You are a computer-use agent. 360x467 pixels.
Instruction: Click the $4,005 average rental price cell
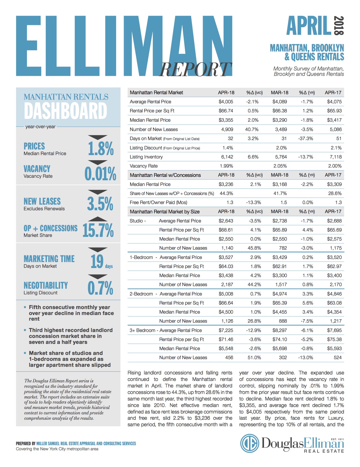click(226, 102)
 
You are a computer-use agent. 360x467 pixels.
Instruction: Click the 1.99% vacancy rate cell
click(226, 166)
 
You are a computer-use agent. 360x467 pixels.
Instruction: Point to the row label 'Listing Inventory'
click(146, 157)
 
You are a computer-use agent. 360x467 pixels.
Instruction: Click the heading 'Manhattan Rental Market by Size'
click(165, 212)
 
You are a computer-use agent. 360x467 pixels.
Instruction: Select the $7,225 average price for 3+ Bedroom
click(226, 330)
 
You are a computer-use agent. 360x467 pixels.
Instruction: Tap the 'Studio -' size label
click(138, 221)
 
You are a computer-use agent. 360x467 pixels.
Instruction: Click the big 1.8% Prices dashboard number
click(101, 148)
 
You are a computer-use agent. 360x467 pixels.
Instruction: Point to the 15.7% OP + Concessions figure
click(98, 230)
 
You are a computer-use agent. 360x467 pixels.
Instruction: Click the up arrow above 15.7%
click(98, 219)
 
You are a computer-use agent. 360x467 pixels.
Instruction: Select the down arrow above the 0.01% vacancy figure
click(98, 162)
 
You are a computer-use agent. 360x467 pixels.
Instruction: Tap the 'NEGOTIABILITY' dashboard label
click(46, 285)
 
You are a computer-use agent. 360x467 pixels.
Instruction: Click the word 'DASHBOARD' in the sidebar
click(66, 111)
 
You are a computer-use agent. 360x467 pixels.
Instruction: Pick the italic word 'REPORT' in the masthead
click(195, 69)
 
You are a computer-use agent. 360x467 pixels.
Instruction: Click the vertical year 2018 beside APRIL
click(339, 25)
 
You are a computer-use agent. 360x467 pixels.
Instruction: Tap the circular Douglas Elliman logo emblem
click(249, 443)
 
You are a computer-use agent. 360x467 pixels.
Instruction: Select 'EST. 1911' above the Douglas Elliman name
click(337, 439)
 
